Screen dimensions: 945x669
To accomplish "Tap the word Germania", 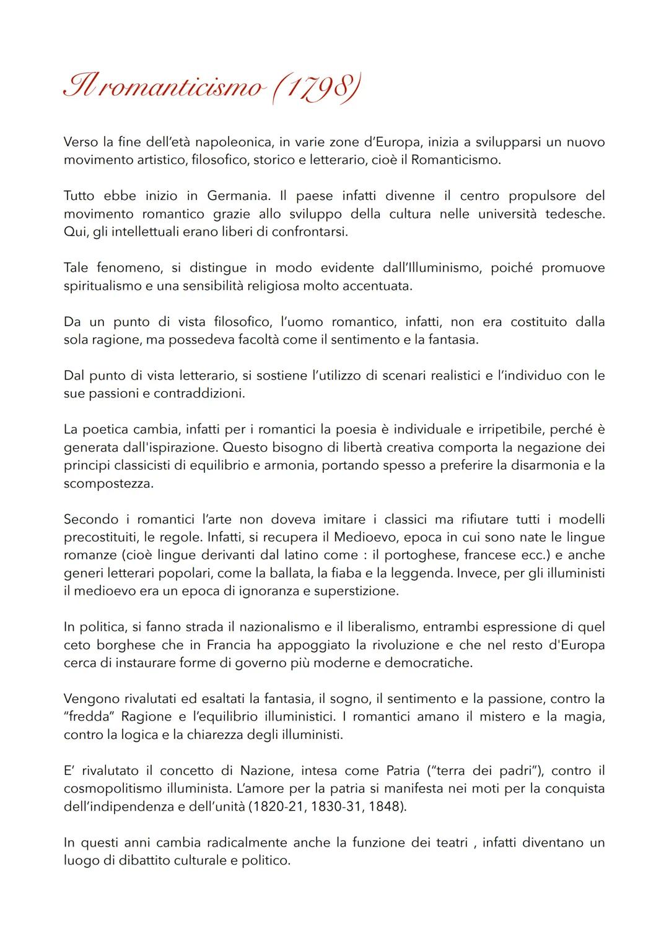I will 238,196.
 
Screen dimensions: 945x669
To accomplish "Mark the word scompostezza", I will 108,483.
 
